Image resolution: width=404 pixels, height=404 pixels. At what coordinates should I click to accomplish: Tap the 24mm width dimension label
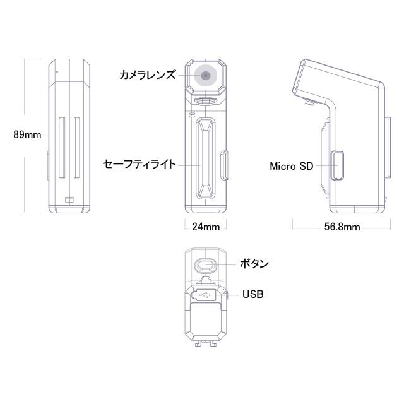(x=205, y=226)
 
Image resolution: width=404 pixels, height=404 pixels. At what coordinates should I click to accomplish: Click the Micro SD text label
(x=291, y=167)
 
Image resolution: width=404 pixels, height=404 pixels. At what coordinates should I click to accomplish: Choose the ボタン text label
(x=254, y=264)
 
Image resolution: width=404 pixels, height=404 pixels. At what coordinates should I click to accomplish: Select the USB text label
(x=252, y=294)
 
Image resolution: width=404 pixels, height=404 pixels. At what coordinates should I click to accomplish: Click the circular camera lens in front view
(x=206, y=76)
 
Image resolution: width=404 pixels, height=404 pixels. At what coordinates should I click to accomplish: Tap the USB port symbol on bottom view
(x=205, y=294)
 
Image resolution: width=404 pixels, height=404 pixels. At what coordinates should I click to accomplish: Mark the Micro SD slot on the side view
(x=338, y=165)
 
